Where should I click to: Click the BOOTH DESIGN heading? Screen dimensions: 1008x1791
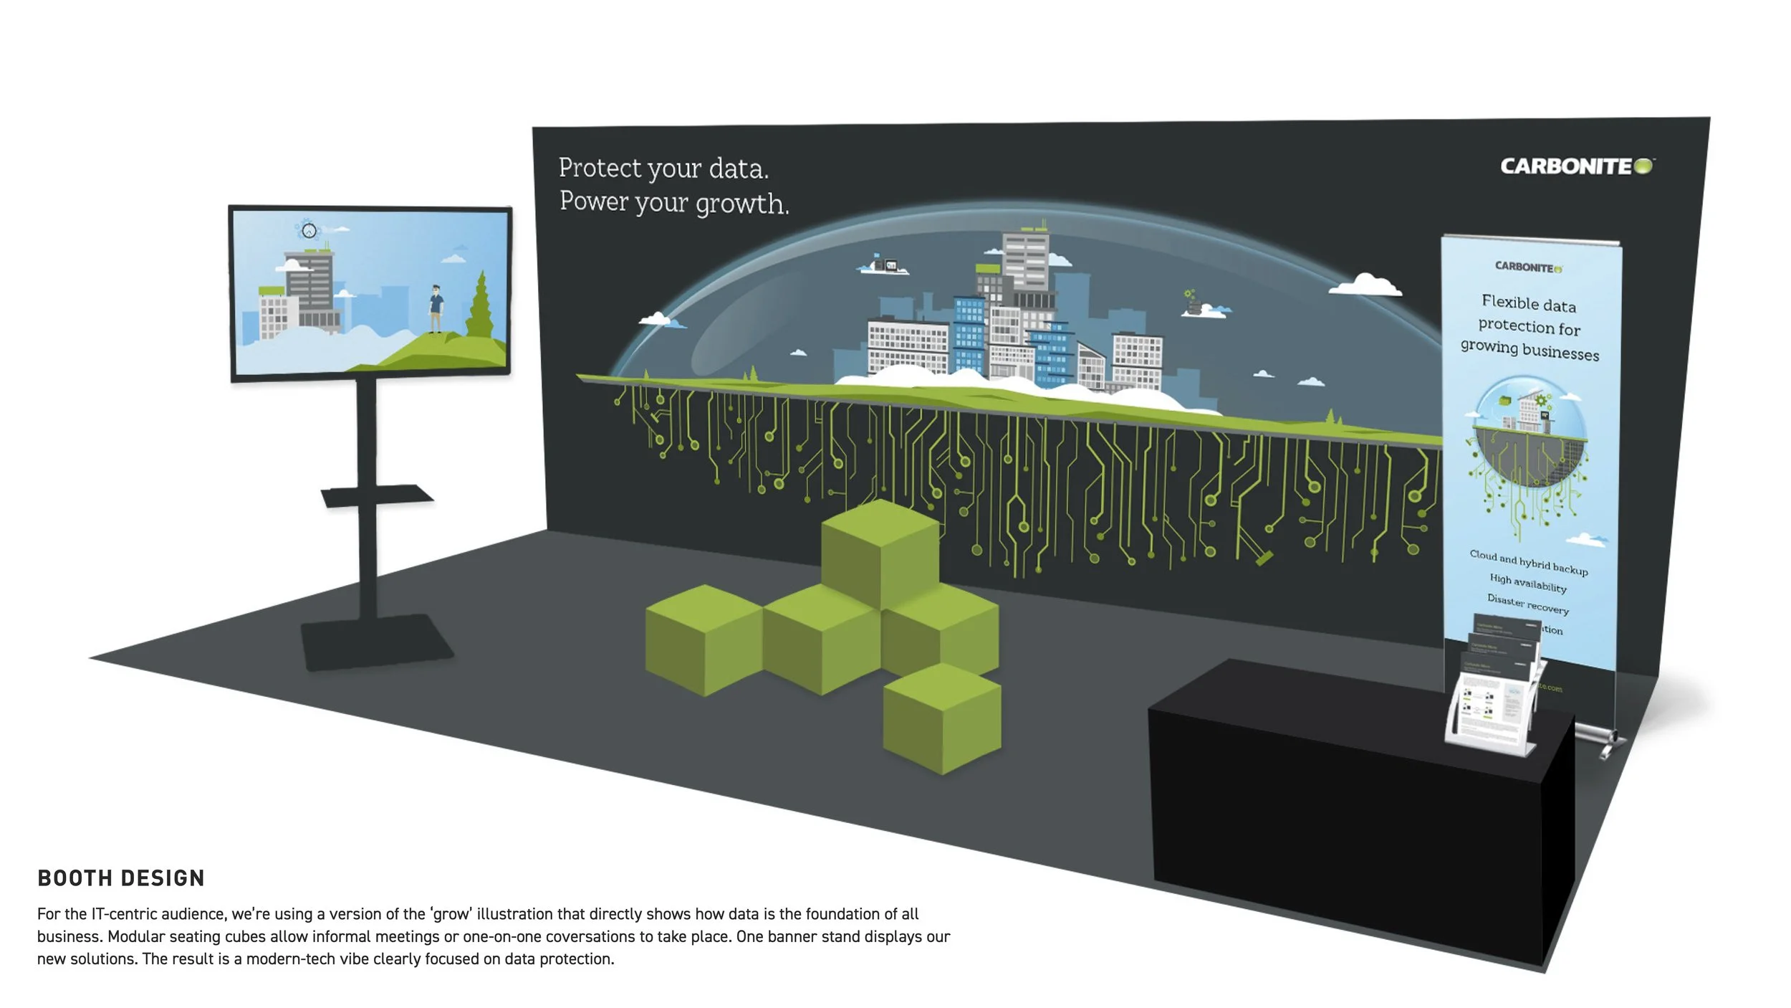(121, 878)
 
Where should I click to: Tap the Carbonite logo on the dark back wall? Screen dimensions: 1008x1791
(1576, 166)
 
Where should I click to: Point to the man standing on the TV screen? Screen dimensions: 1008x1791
(436, 308)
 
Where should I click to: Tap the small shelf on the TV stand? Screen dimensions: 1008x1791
(377, 495)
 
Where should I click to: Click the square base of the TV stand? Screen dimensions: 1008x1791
(377, 642)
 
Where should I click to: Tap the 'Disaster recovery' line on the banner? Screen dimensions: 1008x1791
(1527, 604)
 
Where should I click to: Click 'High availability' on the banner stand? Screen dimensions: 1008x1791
(1527, 582)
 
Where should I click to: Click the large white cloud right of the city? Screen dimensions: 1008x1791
(1365, 285)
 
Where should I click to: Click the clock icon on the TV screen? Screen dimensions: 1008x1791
(309, 230)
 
